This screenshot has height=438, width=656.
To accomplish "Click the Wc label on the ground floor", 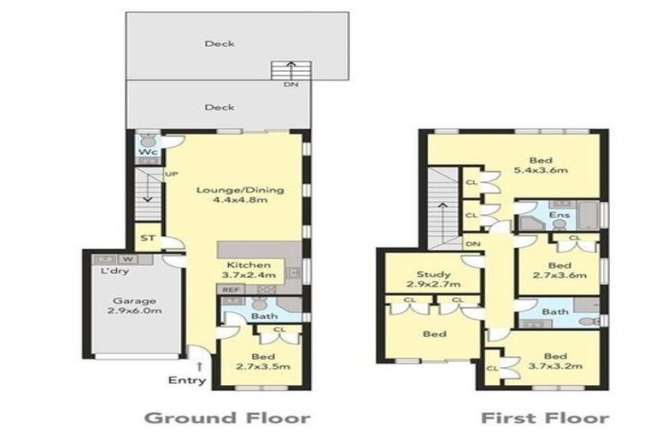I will (147, 153).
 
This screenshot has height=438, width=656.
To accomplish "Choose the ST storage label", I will (148, 238).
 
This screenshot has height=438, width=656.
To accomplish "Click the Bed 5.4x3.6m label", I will (541, 165).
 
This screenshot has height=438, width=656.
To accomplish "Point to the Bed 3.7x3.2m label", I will (554, 360).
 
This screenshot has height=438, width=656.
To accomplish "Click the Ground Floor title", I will (226, 417).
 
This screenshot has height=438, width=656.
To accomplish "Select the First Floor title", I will (544, 417).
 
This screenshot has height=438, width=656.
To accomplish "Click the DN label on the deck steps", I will (290, 85).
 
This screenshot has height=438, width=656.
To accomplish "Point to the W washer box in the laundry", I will (126, 257).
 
